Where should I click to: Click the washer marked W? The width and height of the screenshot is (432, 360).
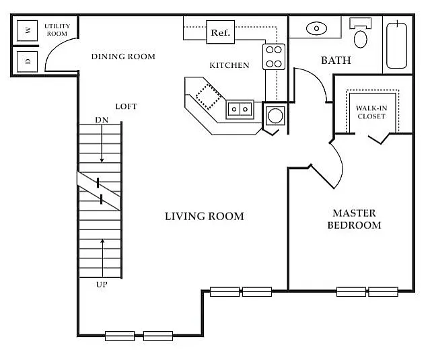pyautogui.click(x=27, y=30)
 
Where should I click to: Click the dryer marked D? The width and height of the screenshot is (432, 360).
pyautogui.click(x=27, y=61)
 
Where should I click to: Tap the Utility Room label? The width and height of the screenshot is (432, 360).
pyautogui.click(x=57, y=30)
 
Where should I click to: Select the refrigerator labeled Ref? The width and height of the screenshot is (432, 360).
pyautogui.click(x=221, y=32)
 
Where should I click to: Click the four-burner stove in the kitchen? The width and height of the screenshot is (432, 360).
pyautogui.click(x=274, y=57)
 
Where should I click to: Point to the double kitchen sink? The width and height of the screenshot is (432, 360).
pyautogui.click(x=240, y=110)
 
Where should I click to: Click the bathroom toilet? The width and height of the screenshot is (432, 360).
pyautogui.click(x=361, y=33)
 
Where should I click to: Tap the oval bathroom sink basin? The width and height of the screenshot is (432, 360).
pyautogui.click(x=316, y=28)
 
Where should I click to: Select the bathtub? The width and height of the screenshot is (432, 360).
pyautogui.click(x=397, y=45)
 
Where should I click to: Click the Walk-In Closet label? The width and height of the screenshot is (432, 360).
pyautogui.click(x=371, y=112)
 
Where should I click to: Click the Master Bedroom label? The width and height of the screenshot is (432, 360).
pyautogui.click(x=355, y=219)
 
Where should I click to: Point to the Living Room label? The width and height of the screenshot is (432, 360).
pyautogui.click(x=204, y=216)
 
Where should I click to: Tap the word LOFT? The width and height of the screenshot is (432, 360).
pyautogui.click(x=127, y=106)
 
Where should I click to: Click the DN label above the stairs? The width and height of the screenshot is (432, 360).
pyautogui.click(x=102, y=120)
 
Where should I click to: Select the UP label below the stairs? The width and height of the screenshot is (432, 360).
pyautogui.click(x=102, y=285)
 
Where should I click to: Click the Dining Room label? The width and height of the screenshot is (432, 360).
pyautogui.click(x=123, y=57)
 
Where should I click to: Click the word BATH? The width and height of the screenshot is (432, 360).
pyautogui.click(x=336, y=61)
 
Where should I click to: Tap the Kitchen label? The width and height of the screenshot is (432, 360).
pyautogui.click(x=229, y=65)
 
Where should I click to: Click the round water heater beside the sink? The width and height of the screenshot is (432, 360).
pyautogui.click(x=275, y=116)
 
